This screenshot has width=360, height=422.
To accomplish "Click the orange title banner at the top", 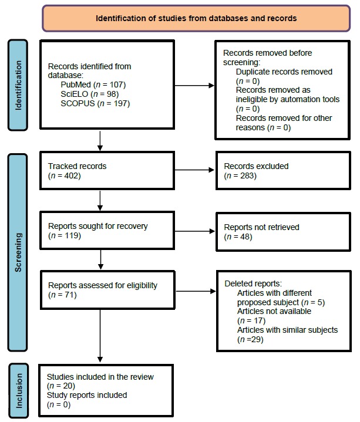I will tap(196, 18).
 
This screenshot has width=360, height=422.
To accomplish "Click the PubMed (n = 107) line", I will tap(89, 85).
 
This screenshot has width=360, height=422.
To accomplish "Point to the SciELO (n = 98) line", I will tap(86, 93).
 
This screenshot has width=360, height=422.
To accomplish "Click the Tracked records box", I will tap(106, 171).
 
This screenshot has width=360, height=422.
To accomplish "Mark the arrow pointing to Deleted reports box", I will tap(194, 291).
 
